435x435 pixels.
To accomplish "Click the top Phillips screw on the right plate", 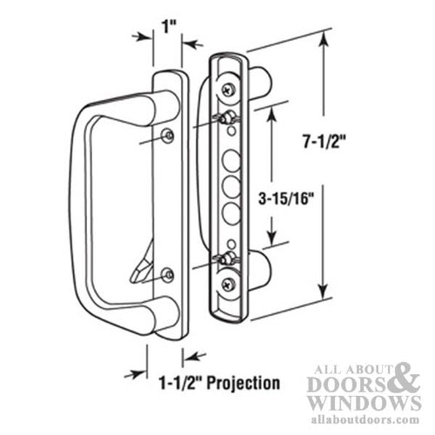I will [227, 88].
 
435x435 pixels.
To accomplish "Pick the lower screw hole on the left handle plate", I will [168, 277].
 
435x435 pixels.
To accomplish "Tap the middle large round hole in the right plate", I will [231, 186].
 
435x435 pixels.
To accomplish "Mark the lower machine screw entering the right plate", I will [224, 259].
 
